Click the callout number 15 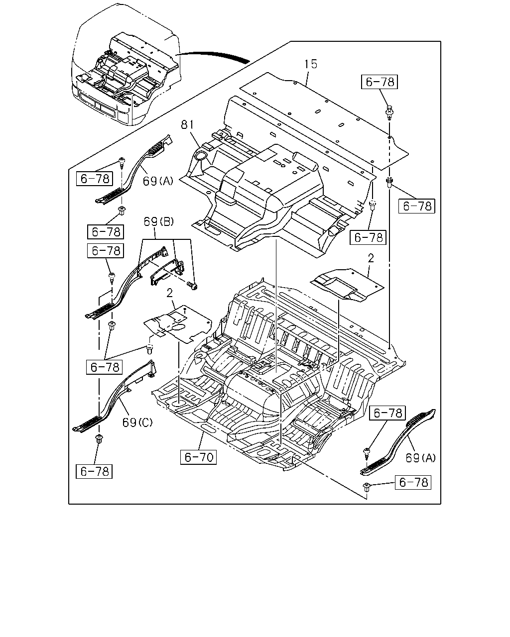pos(311,64)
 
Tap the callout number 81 pos(187,124)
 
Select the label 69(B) pos(158,221)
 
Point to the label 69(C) pos(137,423)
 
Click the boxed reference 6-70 pos(199,457)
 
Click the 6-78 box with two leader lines pos(104,367)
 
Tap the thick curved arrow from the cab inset pos(213,56)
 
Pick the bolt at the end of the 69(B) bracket pos(192,285)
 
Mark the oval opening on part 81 pos(202,156)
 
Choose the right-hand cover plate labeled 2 pos(347,285)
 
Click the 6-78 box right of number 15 pos(380,82)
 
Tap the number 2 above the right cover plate pos(371,258)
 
